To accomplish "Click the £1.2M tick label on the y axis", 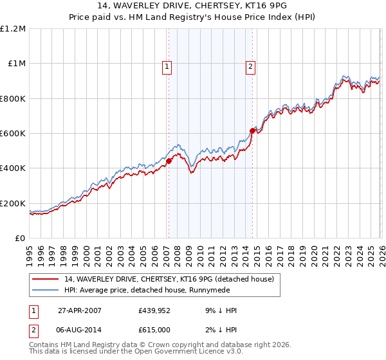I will (14, 29).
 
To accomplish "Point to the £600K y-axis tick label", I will (14, 134).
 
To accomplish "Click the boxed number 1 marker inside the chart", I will (167, 66).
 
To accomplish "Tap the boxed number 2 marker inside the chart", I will (250, 66).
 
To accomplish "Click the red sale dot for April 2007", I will (169, 161).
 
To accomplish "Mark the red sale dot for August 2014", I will (252, 130).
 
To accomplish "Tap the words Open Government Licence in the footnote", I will (186, 352).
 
